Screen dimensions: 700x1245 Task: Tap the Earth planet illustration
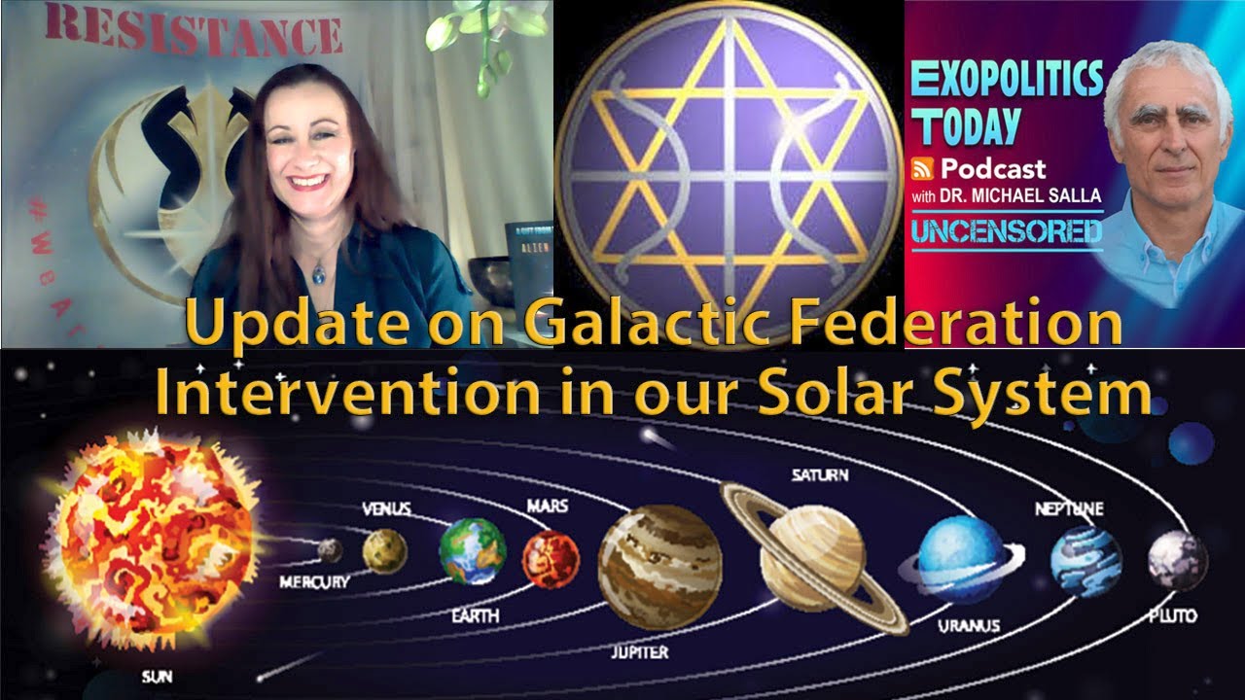(x=473, y=550)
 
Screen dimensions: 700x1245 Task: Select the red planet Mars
(x=551, y=559)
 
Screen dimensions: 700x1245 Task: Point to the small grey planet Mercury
(x=331, y=550)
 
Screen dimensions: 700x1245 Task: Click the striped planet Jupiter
(x=659, y=566)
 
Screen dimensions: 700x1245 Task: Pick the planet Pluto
(x=1177, y=561)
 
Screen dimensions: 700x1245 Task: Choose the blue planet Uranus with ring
(x=961, y=560)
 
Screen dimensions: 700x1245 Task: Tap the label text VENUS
(x=386, y=508)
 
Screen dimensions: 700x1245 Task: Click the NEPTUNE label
(x=1069, y=508)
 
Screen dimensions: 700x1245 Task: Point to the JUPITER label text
(x=639, y=651)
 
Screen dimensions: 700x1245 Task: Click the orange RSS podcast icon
(x=922, y=168)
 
